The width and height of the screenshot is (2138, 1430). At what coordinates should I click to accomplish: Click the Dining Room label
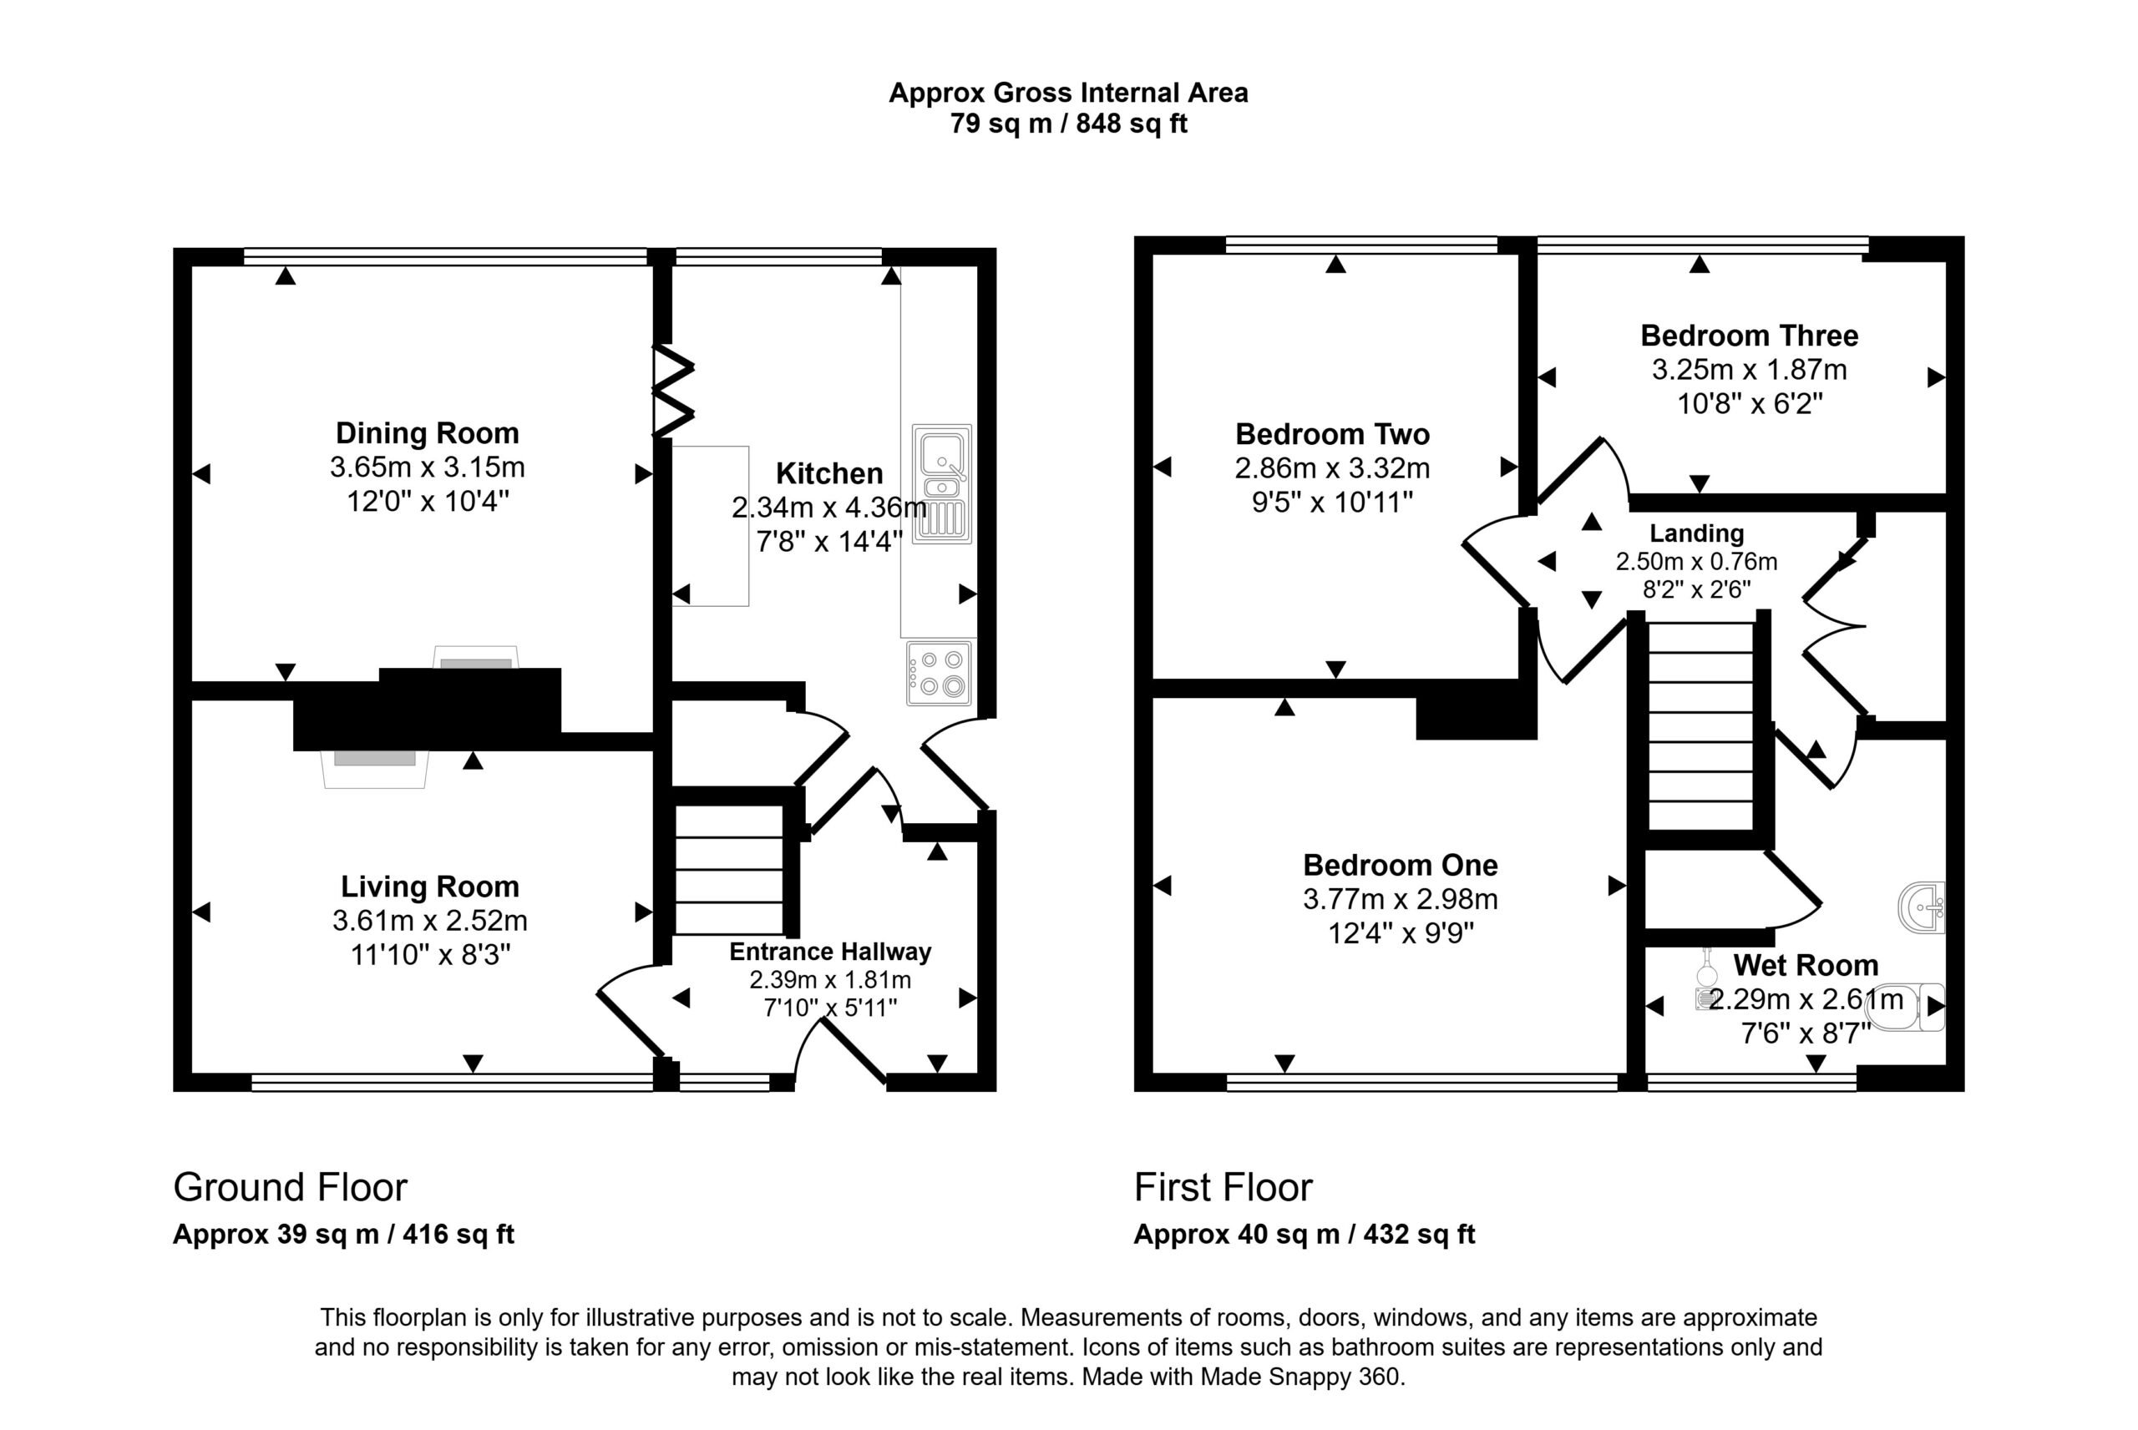pyautogui.click(x=427, y=433)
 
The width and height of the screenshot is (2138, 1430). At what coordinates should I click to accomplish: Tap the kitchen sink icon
pyautogui.click(x=941, y=483)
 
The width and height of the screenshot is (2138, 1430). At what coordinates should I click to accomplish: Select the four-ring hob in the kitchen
pyautogui.click(x=940, y=673)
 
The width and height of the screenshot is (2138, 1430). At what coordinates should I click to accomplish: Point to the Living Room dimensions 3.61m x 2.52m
pyautogui.click(x=429, y=920)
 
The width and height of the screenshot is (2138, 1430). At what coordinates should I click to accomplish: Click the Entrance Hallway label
pyautogui.click(x=830, y=952)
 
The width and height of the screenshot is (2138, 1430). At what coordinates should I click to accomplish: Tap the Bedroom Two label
pyautogui.click(x=1332, y=434)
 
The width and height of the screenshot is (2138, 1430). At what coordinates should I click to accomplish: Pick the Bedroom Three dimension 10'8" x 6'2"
pyautogui.click(x=1750, y=403)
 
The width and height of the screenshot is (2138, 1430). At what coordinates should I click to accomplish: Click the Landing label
pyautogui.click(x=1696, y=533)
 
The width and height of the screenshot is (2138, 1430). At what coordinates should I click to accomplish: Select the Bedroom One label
pyautogui.click(x=1400, y=865)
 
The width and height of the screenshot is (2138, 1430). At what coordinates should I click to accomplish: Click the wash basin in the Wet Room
pyautogui.click(x=1922, y=907)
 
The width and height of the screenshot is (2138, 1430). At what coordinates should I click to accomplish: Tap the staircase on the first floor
pyautogui.click(x=1702, y=726)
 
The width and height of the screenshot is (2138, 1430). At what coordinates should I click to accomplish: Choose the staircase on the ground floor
pyautogui.click(x=729, y=869)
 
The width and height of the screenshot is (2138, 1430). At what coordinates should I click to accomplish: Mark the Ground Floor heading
pyautogui.click(x=290, y=1187)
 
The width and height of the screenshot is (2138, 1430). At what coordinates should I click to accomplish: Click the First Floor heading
pyautogui.click(x=1224, y=1187)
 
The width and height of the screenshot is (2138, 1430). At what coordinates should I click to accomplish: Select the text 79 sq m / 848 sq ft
pyautogui.click(x=1068, y=123)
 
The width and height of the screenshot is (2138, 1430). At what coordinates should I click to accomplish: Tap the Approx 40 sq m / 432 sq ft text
pyautogui.click(x=1305, y=1234)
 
